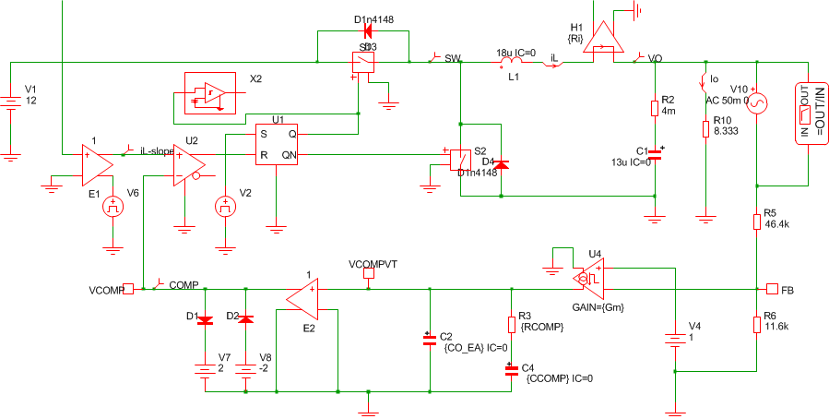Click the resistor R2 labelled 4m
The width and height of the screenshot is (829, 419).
tap(654, 107)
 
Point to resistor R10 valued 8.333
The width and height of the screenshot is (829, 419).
tap(705, 126)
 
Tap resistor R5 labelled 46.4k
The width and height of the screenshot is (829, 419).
tap(756, 220)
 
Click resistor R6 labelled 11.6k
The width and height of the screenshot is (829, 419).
tap(756, 323)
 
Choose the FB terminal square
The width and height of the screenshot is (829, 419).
tap(772, 289)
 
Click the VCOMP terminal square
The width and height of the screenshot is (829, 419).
tap(129, 289)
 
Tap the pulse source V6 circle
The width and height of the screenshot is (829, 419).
tap(113, 206)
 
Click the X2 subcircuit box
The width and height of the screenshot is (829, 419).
tap(211, 93)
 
